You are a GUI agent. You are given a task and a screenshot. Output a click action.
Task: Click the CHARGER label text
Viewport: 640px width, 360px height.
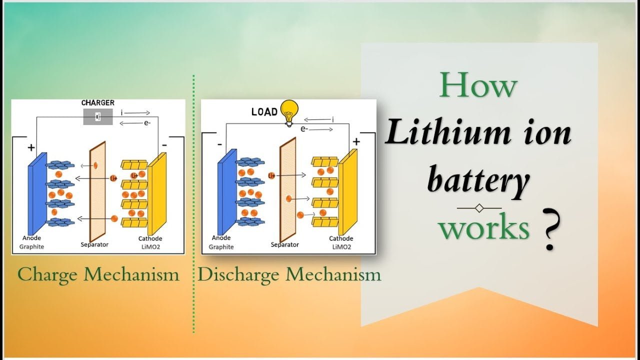(x=97, y=103)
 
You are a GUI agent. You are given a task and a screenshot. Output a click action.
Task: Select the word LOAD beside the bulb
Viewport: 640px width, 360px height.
(x=264, y=112)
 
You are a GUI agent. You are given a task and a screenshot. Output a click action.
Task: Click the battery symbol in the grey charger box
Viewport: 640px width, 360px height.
(x=98, y=117)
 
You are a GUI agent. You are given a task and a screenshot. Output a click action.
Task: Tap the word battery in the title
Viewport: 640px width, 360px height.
(x=478, y=181)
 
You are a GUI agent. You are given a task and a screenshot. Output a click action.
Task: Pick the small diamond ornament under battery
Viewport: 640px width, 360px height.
(x=479, y=207)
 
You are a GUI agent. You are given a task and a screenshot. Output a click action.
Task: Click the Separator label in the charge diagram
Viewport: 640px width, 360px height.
(x=94, y=244)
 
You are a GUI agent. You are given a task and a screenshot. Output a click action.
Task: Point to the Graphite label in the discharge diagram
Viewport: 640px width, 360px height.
(x=221, y=247)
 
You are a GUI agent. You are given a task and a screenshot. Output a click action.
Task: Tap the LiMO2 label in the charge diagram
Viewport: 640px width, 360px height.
(x=150, y=246)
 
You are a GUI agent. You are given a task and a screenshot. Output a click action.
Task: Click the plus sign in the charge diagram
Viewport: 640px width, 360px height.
(x=31, y=147)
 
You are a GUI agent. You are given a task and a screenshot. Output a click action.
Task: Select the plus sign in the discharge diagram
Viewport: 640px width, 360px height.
(x=356, y=142)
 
